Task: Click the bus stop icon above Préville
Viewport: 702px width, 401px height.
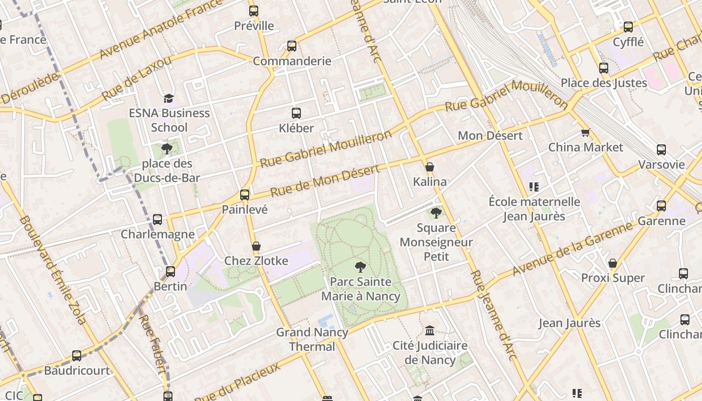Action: pos(254,11)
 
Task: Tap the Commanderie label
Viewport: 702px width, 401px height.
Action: pos(292,61)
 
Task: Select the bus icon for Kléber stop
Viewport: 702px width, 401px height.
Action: pos(296,113)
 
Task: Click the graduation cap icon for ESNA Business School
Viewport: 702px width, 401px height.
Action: pos(168,98)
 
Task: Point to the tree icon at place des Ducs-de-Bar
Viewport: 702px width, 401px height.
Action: pos(166,149)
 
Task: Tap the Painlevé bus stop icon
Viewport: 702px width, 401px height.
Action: pos(245,195)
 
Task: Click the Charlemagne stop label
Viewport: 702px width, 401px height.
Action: pos(157,234)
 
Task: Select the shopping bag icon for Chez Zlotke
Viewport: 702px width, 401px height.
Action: pos(256,246)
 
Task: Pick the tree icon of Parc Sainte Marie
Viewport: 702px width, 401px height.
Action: pos(360,267)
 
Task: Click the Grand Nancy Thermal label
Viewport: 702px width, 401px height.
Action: pos(312,339)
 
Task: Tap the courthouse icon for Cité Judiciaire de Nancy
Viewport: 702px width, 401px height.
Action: pos(430,331)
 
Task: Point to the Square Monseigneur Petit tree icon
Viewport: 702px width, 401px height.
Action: pos(436,213)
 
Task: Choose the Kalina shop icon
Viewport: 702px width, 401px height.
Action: pos(430,167)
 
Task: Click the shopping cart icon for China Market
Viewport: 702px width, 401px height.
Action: pos(585,133)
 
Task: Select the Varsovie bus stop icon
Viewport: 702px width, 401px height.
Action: pos(661,150)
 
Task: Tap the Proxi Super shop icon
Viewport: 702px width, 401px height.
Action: pos(613,263)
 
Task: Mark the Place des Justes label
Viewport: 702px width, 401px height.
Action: pos(604,83)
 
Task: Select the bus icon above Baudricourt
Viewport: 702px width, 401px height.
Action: pos(77,356)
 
